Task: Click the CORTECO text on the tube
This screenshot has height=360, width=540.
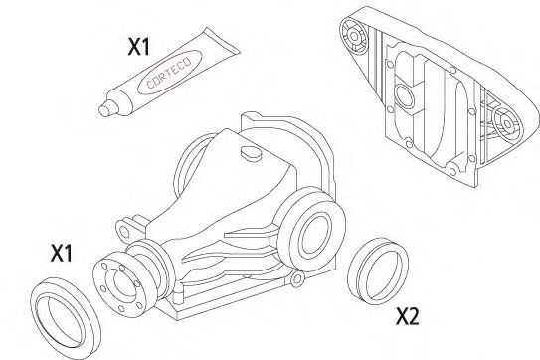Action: coord(169,73)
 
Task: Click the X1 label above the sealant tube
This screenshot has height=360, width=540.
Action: coord(139,47)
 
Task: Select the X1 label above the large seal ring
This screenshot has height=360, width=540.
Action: coord(62,254)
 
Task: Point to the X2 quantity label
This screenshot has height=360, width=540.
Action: coord(408,316)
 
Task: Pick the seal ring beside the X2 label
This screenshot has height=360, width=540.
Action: coord(378,270)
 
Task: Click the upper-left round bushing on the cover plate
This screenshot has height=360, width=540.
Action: coord(353,36)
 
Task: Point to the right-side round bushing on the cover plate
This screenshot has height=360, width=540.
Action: coord(507,124)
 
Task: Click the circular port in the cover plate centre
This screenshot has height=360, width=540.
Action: coord(405,96)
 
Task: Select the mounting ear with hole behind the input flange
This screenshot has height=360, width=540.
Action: coord(124,230)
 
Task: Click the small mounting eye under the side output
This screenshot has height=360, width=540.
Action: coord(298,278)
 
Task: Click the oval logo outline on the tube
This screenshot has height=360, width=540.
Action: coord(169,73)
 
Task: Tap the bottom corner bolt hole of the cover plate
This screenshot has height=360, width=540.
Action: coord(452,172)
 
